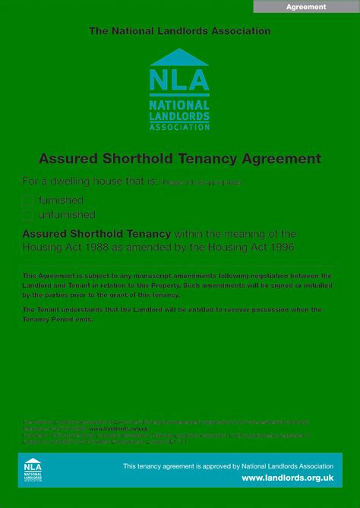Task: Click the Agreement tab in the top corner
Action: pyautogui.click(x=306, y=7)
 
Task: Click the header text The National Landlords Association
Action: pyautogui.click(x=179, y=31)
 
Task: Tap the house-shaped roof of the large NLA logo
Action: pyautogui.click(x=179, y=58)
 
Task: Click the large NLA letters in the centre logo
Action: pyautogui.click(x=179, y=80)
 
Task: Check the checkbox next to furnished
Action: pyautogui.click(x=28, y=201)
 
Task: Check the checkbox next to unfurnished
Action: pyautogui.click(x=28, y=216)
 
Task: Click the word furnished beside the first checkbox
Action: pyautogui.click(x=61, y=200)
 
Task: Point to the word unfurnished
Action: pyautogui.click(x=67, y=215)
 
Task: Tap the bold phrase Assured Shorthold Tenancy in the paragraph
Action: pyautogui.click(x=96, y=234)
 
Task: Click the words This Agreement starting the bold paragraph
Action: pyautogui.click(x=46, y=276)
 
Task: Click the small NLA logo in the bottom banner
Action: pyautogui.click(x=33, y=469)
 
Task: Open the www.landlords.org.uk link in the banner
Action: pyautogui.click(x=287, y=478)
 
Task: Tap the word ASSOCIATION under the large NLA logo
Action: pyautogui.click(x=179, y=128)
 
